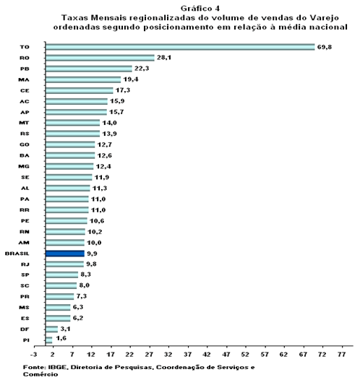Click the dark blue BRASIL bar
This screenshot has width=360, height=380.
(x=65, y=254)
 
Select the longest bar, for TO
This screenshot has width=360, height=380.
(x=180, y=47)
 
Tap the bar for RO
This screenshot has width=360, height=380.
(x=100, y=58)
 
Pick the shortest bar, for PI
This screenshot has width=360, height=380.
(x=48, y=340)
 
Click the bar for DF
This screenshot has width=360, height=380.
(x=51, y=329)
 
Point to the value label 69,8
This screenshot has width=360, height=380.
(x=325, y=47)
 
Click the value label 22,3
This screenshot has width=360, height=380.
(x=142, y=69)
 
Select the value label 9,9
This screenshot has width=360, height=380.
(x=92, y=254)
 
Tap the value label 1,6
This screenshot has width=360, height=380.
(x=61, y=338)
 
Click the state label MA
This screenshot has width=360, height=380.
(x=24, y=79)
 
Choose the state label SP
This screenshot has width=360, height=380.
(x=25, y=275)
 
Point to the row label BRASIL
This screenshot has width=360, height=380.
(x=17, y=254)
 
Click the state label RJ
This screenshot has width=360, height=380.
(x=25, y=264)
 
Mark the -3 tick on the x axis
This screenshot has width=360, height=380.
(x=34, y=355)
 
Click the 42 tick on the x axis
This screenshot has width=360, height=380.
(x=207, y=355)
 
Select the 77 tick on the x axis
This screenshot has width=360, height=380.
(x=341, y=355)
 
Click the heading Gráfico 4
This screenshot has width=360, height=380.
(x=200, y=9)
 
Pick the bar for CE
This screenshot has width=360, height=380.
(x=80, y=90)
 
